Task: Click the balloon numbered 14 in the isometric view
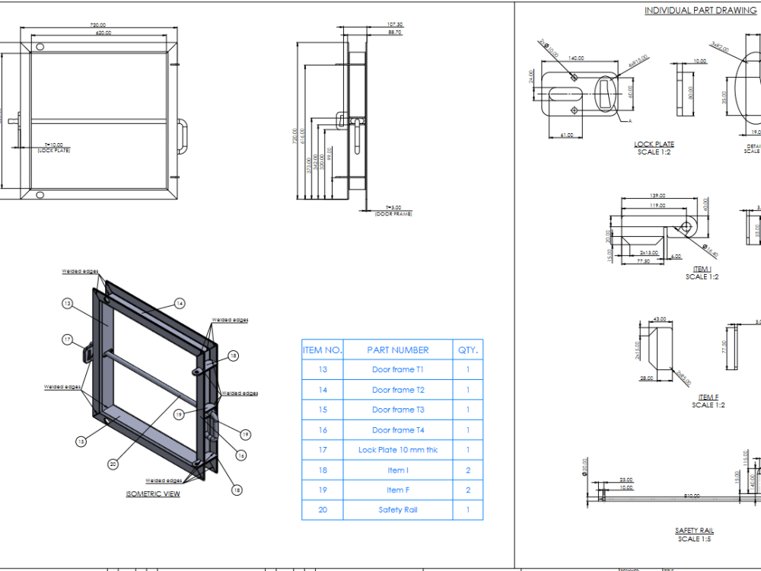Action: click(x=180, y=303)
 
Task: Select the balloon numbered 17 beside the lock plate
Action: click(x=67, y=340)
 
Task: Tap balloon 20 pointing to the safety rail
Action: click(x=113, y=464)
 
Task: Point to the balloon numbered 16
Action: click(x=240, y=455)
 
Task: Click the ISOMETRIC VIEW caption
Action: click(x=153, y=494)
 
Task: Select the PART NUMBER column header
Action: click(x=397, y=350)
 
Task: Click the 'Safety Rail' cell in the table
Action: click(x=397, y=510)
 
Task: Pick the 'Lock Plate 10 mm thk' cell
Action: click(x=397, y=450)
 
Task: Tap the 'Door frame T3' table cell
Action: click(x=397, y=410)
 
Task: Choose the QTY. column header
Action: click(x=468, y=350)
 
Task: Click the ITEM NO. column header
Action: click(x=323, y=350)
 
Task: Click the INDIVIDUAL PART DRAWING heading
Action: click(x=700, y=11)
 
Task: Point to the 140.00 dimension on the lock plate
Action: click(x=575, y=58)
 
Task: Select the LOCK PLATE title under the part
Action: click(x=654, y=144)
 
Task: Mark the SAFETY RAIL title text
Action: click(x=694, y=531)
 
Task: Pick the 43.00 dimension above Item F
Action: click(x=660, y=319)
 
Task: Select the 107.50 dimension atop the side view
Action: click(x=394, y=24)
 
